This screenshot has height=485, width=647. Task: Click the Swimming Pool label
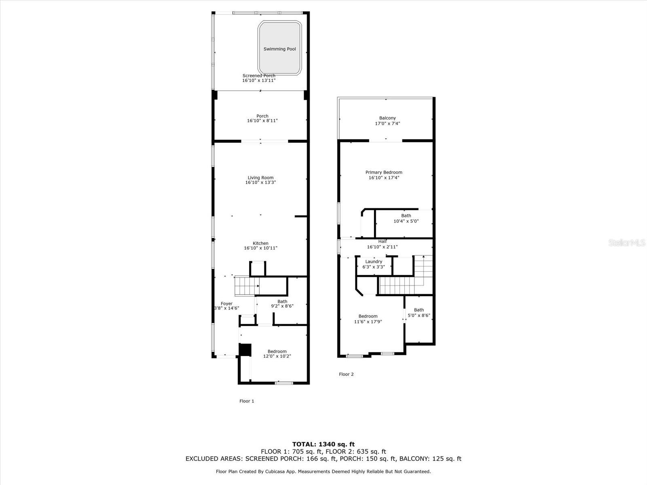click(279, 49)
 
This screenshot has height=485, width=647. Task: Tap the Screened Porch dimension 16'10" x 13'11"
click(259, 80)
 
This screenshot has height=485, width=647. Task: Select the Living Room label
click(260, 177)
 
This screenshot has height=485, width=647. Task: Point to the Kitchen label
click(260, 243)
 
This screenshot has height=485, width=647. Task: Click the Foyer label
click(227, 304)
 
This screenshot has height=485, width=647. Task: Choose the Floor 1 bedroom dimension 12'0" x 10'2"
click(277, 356)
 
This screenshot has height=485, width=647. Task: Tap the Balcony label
click(387, 118)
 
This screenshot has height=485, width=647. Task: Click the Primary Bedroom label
click(384, 172)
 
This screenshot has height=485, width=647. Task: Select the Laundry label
click(374, 261)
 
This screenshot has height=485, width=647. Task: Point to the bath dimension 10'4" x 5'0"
click(406, 221)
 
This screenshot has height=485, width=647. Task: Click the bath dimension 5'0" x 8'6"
click(419, 315)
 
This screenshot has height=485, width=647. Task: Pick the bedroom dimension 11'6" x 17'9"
click(368, 322)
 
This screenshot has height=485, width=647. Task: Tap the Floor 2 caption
click(346, 374)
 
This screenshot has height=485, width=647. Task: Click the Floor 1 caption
click(247, 401)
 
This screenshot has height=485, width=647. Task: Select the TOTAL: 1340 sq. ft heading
click(323, 444)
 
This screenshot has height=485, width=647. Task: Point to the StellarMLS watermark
click(627, 242)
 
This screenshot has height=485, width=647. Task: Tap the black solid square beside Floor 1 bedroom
click(245, 350)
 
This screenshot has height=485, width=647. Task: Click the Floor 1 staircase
click(247, 286)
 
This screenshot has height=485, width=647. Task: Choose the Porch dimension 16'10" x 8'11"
click(262, 121)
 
